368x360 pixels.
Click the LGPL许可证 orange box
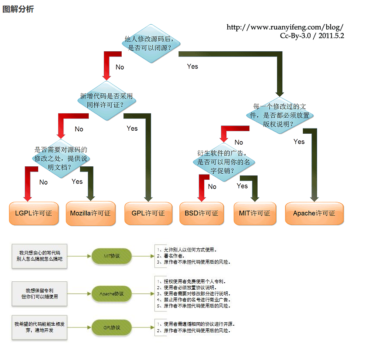coord(34,213)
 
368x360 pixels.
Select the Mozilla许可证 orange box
coord(91,213)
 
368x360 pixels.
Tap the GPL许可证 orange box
coord(148,213)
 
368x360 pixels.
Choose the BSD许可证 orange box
coord(202,213)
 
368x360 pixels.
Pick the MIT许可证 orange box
coord(255,213)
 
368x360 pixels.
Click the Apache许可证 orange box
coord(314,213)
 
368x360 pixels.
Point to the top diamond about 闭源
coord(150,43)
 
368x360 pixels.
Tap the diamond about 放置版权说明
coord(280,115)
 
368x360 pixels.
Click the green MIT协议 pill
coord(112,256)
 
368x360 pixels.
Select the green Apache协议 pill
coord(112,294)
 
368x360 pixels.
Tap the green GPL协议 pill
coord(112,327)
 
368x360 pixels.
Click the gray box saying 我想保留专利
coord(40,294)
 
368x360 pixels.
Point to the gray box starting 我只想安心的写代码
coord(40,256)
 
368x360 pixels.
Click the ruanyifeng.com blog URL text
coord(285,27)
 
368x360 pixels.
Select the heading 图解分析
coord(18,9)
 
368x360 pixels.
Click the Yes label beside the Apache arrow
coord(299,142)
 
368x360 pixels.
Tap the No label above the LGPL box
coord(43,182)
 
